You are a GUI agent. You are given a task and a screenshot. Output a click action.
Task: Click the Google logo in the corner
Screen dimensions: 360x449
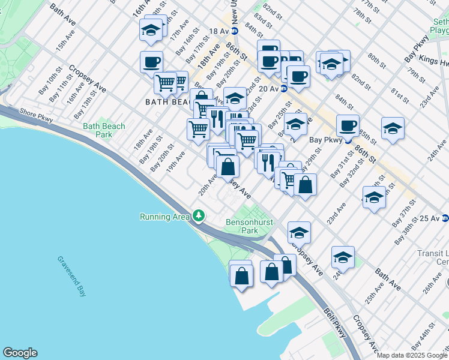(x=20, y=353)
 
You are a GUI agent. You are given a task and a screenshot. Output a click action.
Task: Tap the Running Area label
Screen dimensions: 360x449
(x=164, y=217)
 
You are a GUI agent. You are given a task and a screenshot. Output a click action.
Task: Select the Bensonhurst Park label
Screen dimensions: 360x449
(x=250, y=226)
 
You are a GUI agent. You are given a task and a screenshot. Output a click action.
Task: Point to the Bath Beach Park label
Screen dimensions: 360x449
(x=104, y=130)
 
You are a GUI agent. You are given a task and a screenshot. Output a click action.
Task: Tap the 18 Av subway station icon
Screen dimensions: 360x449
(x=235, y=31)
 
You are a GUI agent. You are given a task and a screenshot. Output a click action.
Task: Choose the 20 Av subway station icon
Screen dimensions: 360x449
(x=284, y=89)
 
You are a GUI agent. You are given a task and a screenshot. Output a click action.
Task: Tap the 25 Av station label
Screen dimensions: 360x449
(x=430, y=219)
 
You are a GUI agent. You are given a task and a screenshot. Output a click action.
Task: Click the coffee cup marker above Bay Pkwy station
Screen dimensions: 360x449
(x=348, y=125)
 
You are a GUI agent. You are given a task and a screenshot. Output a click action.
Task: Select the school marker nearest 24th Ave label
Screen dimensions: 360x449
(x=393, y=128)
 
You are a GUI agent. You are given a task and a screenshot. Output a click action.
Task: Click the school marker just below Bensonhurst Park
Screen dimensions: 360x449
(x=299, y=232)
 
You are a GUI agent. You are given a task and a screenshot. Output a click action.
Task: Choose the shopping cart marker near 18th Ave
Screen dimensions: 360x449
(x=165, y=82)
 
